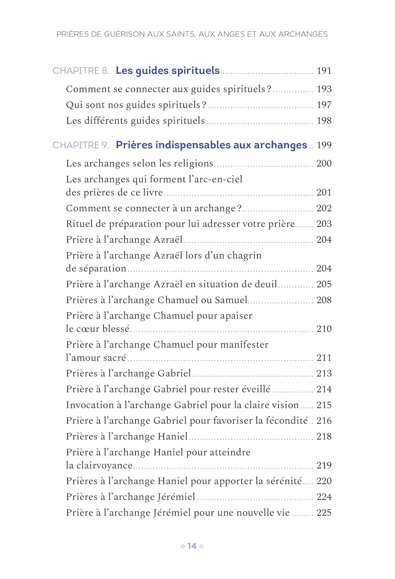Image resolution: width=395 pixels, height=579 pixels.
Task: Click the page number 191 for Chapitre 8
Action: tap(324, 71)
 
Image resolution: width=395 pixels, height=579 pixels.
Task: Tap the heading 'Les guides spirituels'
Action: tap(167, 71)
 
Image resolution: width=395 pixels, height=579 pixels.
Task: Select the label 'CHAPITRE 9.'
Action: tap(81, 145)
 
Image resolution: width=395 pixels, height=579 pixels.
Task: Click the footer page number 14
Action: tap(192, 546)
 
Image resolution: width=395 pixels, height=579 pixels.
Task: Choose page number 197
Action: tap(324, 105)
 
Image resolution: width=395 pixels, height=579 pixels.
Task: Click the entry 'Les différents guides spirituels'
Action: tap(135, 120)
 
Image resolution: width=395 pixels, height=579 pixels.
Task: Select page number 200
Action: tap(324, 163)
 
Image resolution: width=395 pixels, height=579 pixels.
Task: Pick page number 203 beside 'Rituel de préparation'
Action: tap(324, 224)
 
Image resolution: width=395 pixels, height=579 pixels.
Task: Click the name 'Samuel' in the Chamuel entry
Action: tap(231, 300)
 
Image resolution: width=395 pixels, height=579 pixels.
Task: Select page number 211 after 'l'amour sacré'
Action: tap(324, 358)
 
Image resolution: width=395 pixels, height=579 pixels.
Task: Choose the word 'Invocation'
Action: tap(90, 405)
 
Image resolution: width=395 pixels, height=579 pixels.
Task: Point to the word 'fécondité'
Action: tap(287, 420)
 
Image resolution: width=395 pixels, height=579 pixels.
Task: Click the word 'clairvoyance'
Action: tap(104, 466)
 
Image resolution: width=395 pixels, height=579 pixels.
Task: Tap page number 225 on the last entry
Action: tap(324, 513)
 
